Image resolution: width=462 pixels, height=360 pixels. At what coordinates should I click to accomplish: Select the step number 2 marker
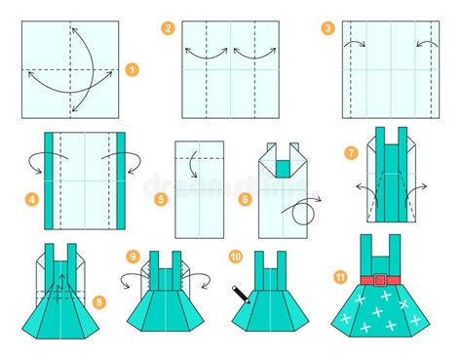pos(169,29)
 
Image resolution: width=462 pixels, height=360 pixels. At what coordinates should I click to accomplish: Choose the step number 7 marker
pos(351,152)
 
